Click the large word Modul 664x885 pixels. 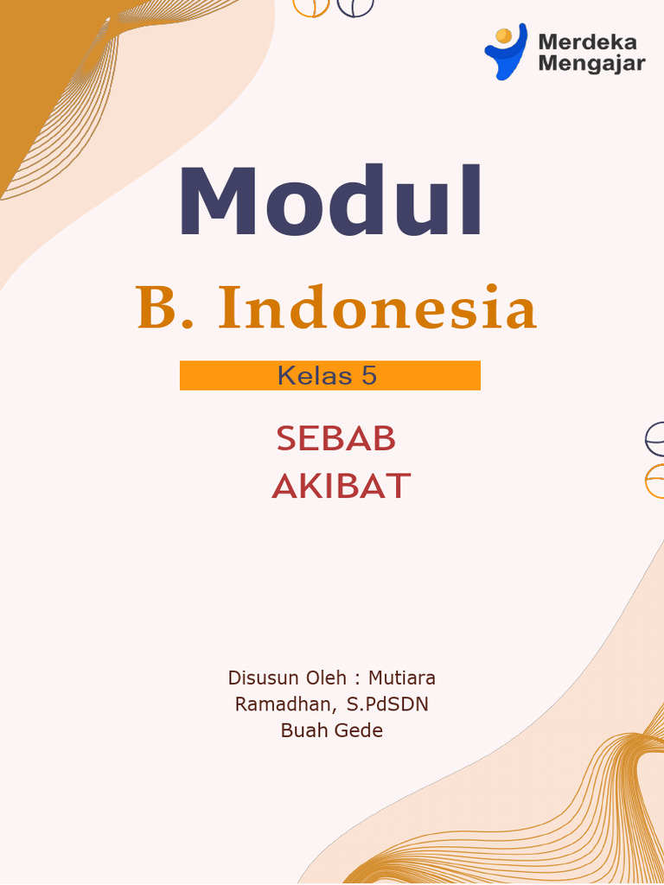(330, 202)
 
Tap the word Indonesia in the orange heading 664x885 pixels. (377, 309)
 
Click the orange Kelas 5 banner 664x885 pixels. (329, 376)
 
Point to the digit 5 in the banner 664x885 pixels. (369, 376)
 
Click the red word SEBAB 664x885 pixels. (335, 440)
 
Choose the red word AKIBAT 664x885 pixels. (341, 487)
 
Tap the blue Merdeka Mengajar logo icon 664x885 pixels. (505, 51)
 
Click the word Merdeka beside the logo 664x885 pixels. (587, 41)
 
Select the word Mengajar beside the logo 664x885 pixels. (591, 63)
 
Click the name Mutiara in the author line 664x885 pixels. (402, 677)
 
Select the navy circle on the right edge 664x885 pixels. (656, 440)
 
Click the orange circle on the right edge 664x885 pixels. (656, 481)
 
